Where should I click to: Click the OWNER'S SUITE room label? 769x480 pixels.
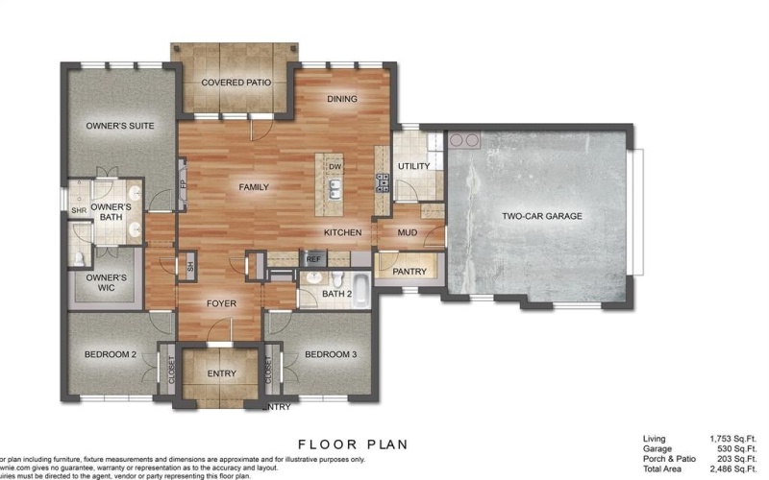pos(120,125)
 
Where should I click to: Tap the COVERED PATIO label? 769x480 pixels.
pos(236,83)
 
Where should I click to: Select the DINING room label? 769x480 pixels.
pos(342,99)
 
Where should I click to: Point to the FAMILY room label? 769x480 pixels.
pos(254,187)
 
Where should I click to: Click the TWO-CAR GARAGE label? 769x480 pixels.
pos(542,216)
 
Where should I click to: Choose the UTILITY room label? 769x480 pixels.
pos(413,166)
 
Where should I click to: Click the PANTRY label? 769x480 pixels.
pos(410,272)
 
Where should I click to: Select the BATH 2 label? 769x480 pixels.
pos(338,294)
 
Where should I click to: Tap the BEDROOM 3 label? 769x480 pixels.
pos(331,355)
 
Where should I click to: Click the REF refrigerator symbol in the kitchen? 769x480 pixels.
pos(313,259)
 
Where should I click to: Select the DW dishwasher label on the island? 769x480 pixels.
pos(335,167)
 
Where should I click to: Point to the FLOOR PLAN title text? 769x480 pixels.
pos(353,444)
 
